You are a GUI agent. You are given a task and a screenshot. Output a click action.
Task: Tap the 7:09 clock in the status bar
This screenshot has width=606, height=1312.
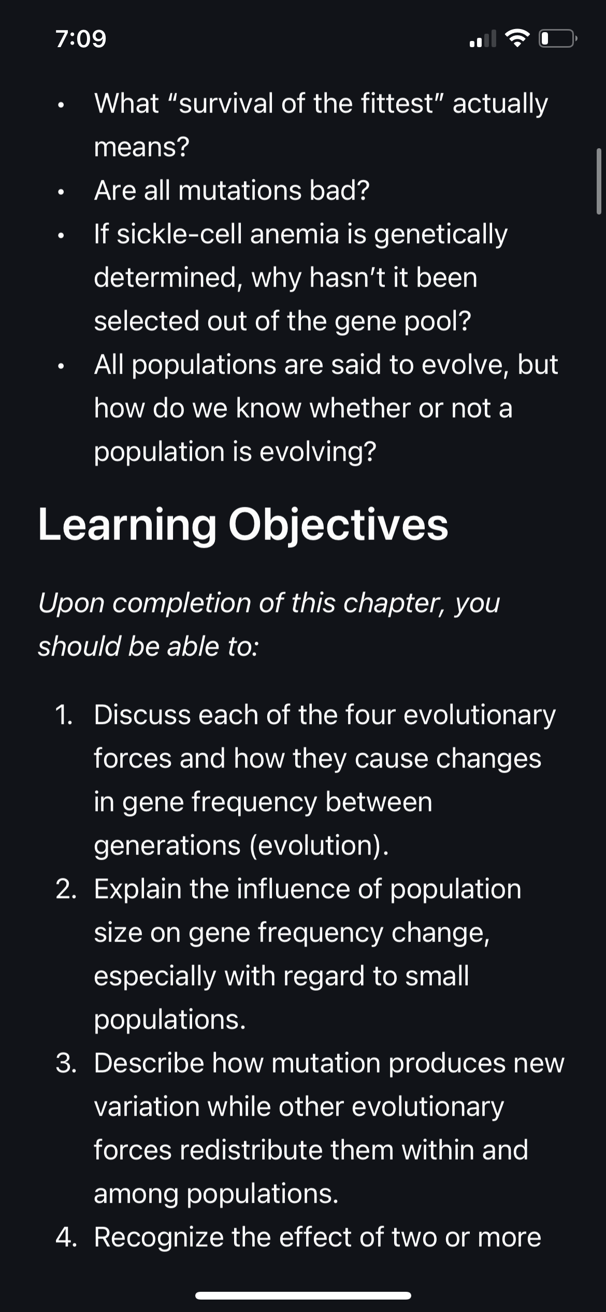point(81,39)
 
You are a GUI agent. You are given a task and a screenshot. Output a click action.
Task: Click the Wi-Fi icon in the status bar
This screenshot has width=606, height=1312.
point(515,39)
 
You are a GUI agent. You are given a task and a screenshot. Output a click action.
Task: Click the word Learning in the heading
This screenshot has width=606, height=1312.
point(127,525)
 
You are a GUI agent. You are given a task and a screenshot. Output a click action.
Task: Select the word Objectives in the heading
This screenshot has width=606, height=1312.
point(338,525)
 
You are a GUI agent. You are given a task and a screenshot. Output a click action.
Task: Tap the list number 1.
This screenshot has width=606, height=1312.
point(64,715)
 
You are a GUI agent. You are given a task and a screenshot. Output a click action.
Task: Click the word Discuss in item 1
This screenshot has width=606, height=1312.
point(142,715)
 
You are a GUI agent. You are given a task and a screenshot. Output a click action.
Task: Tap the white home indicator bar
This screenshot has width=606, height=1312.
point(303,1296)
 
